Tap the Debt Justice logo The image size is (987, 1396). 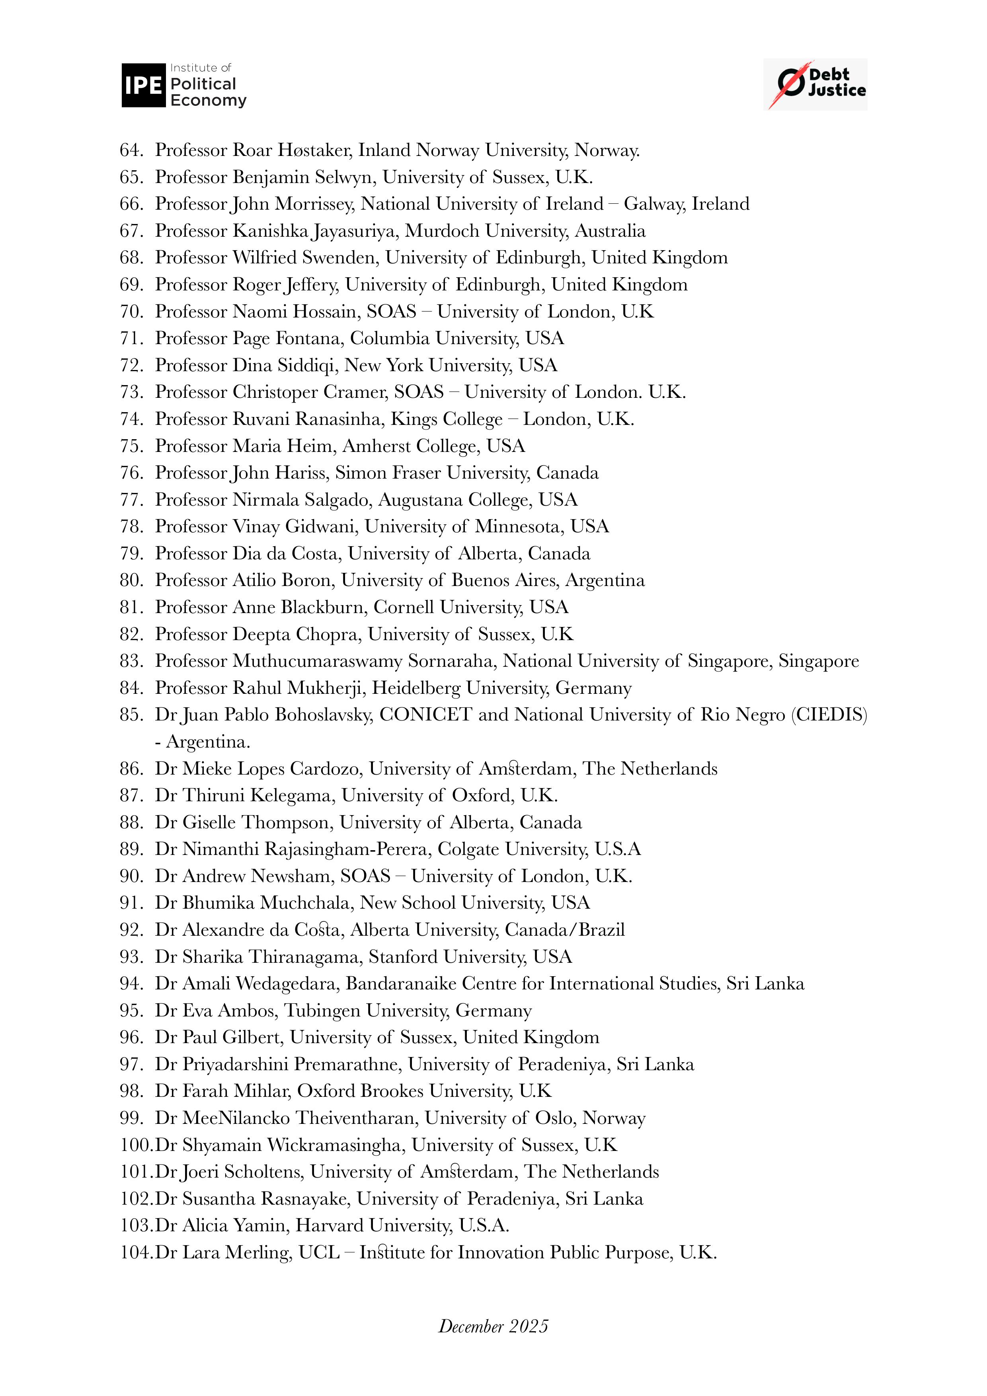815,84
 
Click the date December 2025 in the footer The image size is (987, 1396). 493,1326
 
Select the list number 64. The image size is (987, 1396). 131,150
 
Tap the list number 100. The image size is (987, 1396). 136,1145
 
